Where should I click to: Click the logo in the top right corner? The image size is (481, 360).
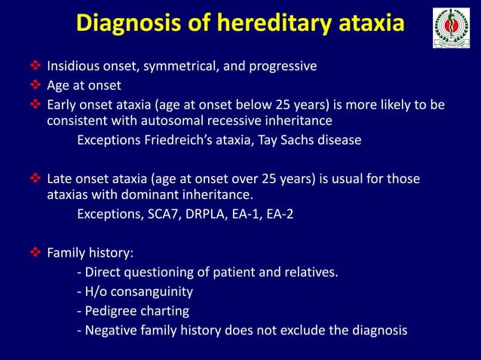tap(451, 29)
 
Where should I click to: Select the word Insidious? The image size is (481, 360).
tap(74, 66)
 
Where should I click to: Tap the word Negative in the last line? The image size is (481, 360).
tap(112, 330)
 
